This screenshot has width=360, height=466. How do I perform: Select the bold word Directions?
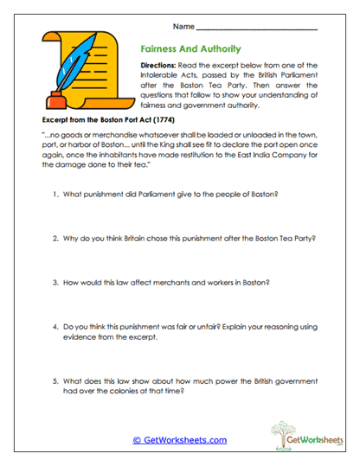[x=162, y=66]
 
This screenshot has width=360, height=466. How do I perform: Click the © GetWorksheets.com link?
[x=179, y=440]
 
